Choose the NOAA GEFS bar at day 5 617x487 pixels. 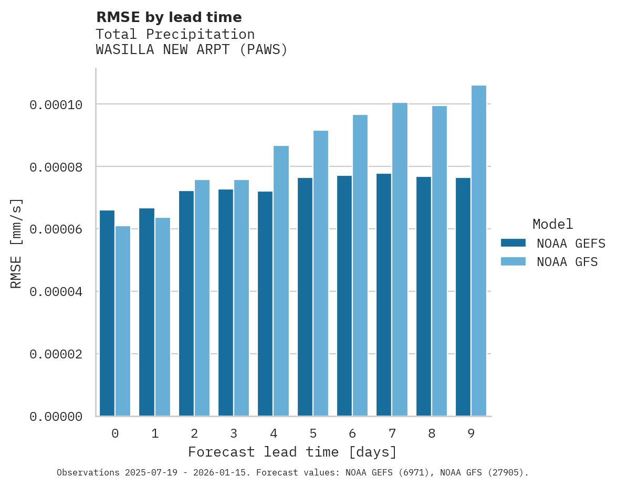pyautogui.click(x=305, y=297)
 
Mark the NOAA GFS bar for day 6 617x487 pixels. pyautogui.click(x=360, y=266)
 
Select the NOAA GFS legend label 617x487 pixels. pyautogui.click(x=567, y=262)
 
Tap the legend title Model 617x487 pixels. pyautogui.click(x=552, y=224)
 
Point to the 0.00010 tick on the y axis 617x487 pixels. pyautogui.click(x=56, y=105)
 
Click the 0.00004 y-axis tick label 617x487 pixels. pyautogui.click(x=56, y=292)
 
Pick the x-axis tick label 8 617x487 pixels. pyautogui.click(x=431, y=434)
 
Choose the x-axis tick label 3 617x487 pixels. pyautogui.click(x=234, y=434)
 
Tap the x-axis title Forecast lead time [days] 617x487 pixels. pyautogui.click(x=292, y=452)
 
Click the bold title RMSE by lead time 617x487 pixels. pyautogui.click(x=169, y=17)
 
